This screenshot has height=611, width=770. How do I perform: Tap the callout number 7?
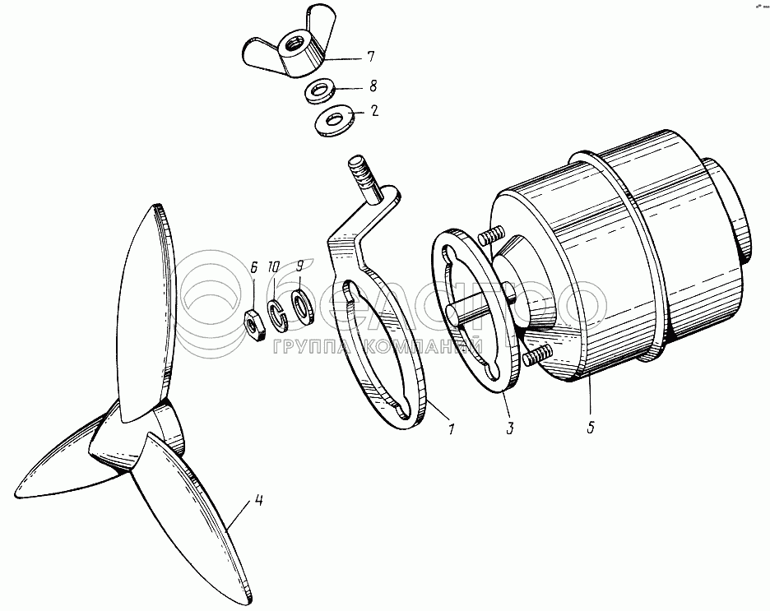point(370,57)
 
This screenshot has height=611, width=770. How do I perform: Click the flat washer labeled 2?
point(333,121)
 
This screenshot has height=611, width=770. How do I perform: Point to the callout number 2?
point(374,111)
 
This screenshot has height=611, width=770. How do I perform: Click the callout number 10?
point(273,267)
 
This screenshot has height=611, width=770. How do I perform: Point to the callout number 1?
point(450,429)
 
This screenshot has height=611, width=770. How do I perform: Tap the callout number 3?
point(510,428)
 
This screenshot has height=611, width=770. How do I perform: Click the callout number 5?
point(591,427)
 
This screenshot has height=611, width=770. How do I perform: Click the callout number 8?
point(373,86)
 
